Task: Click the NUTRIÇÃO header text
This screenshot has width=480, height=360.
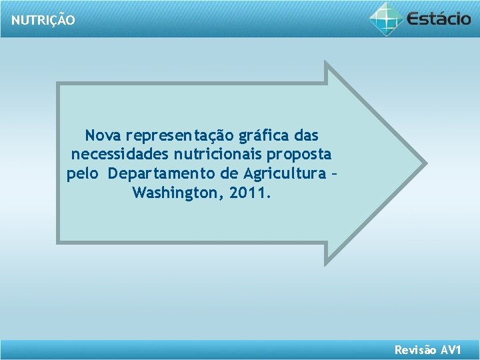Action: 43,20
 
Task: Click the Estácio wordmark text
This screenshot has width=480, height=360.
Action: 439,18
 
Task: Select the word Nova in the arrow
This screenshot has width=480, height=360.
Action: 103,136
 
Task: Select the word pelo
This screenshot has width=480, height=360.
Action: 83,174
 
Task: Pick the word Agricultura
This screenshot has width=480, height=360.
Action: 281,174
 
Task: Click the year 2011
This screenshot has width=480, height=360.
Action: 251,193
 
